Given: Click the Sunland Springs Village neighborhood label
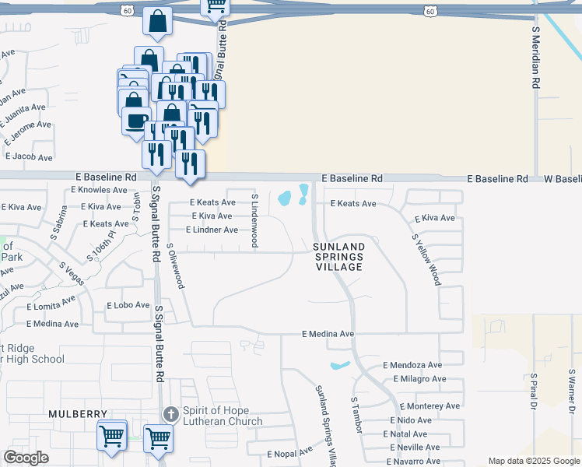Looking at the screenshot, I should point(338,257).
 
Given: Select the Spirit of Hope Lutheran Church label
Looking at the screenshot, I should point(222,416).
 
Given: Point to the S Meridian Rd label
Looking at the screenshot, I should point(536,59).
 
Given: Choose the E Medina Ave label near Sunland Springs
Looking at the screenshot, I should point(328,334).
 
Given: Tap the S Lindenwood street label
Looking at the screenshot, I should point(254,219).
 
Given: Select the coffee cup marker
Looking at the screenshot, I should point(135,121).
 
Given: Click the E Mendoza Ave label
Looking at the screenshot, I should point(412,365).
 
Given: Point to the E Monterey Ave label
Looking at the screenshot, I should point(430,406).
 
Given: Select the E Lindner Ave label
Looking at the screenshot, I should point(212,230).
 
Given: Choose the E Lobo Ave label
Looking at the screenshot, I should point(128,305).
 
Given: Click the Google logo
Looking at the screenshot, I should point(26,458).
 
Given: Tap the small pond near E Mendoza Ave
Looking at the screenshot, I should point(340,365).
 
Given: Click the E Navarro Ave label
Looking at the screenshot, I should point(414,462).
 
